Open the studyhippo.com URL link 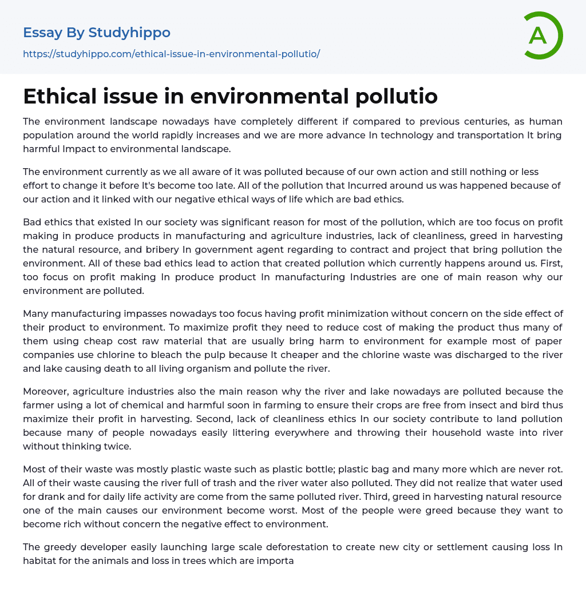coord(171,54)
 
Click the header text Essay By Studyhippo coord(97,33)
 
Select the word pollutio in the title coord(397,97)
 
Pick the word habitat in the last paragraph coord(41,561)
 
